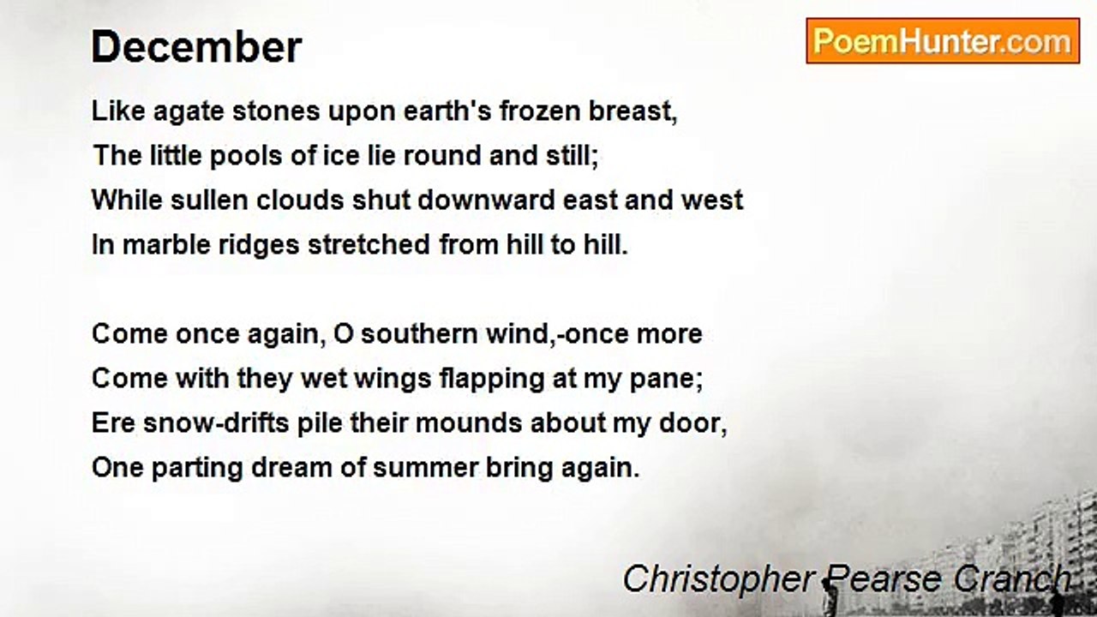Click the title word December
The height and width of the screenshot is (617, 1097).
196,47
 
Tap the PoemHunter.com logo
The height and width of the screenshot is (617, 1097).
942,41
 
